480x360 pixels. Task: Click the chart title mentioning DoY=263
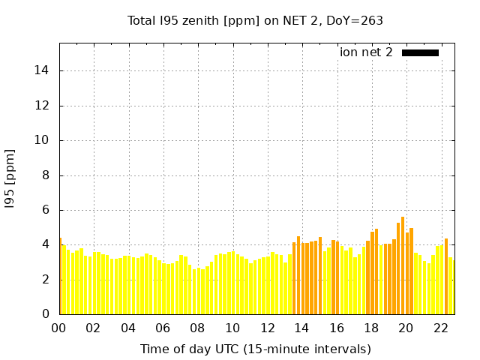click(256, 21)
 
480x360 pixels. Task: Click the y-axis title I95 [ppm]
click(10, 178)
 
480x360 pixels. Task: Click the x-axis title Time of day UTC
click(256, 349)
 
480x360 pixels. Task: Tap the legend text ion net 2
click(366, 52)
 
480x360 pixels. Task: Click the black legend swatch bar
click(420, 52)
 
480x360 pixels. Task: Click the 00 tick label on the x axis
click(59, 328)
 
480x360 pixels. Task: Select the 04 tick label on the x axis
click(128, 328)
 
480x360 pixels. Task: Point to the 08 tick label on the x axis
click(198, 328)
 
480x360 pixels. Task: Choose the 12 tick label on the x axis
click(267, 328)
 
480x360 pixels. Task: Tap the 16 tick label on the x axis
click(337, 328)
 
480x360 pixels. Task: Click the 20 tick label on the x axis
click(406, 328)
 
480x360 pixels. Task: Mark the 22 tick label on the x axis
click(441, 328)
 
